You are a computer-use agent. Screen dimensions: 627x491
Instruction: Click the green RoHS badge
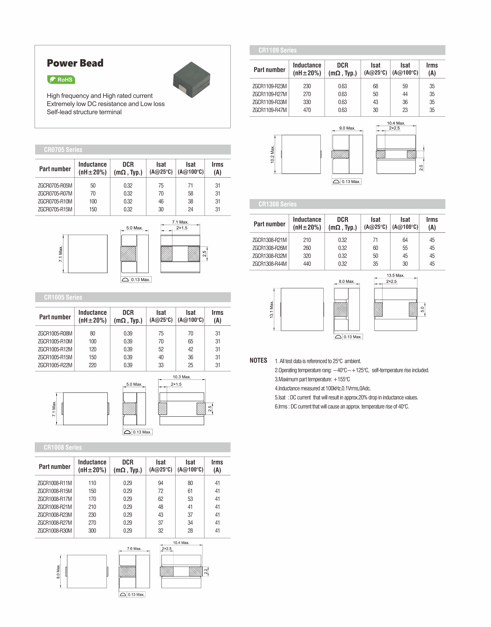click(x=61, y=80)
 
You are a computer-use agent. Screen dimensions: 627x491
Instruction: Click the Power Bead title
click(x=75, y=63)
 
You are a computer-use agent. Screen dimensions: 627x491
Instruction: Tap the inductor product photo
click(x=192, y=79)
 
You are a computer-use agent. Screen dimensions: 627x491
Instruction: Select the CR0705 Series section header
click(x=63, y=150)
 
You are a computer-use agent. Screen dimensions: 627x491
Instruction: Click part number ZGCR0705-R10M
click(x=55, y=202)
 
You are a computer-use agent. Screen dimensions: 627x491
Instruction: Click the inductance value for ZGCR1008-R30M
click(x=92, y=531)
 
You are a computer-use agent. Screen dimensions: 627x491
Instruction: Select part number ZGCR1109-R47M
click(x=269, y=110)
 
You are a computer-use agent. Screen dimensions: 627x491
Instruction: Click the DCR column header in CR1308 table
click(x=342, y=223)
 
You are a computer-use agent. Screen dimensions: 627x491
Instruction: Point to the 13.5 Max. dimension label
click(x=395, y=275)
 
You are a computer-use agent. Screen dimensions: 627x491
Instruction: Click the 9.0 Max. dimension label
click(x=347, y=128)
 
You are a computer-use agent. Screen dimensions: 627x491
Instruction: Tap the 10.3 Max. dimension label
click(x=182, y=377)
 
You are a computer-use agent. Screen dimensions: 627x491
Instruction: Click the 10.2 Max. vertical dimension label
click(x=272, y=154)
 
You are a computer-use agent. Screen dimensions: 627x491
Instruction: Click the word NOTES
click(x=258, y=360)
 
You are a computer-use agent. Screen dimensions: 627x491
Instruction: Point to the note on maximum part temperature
click(x=312, y=379)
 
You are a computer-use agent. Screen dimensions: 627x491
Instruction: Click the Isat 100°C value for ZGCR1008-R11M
click(x=190, y=483)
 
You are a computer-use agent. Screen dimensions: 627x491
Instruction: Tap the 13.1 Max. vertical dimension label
click(x=271, y=309)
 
